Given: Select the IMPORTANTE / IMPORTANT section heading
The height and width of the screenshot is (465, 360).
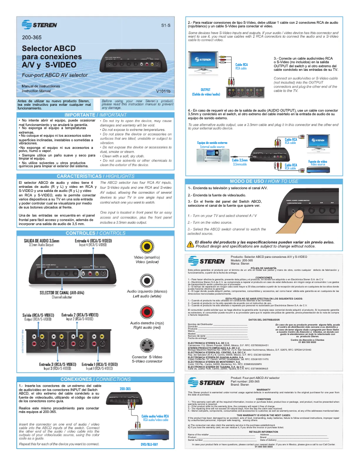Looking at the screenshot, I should [x=95, y=115].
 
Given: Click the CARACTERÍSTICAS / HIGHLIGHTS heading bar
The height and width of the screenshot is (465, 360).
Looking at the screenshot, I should [x=95, y=176].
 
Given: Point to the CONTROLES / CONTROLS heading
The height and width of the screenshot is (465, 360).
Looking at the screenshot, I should [x=95, y=233].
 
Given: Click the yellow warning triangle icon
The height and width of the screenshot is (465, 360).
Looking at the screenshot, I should [x=190, y=244].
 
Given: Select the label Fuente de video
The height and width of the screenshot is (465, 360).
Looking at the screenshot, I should [x=317, y=161].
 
